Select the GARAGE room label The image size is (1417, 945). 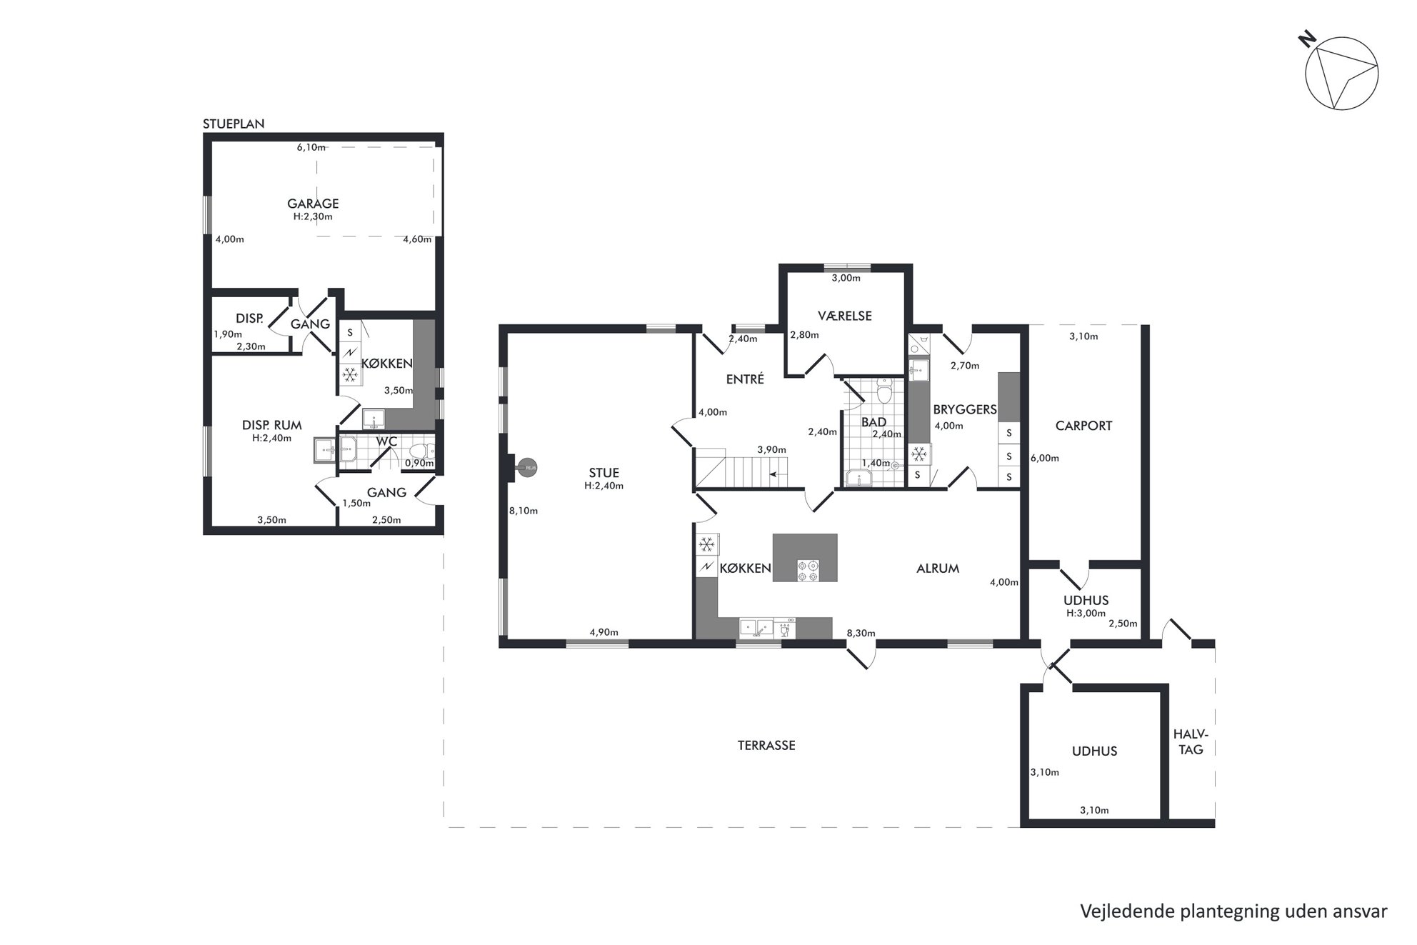[x=313, y=204]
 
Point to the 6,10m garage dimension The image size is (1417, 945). [x=311, y=148]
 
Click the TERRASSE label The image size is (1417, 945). [x=766, y=745]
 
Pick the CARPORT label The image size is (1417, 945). [x=1083, y=426]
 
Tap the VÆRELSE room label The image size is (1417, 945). [x=845, y=316]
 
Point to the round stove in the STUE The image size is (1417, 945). [x=527, y=469]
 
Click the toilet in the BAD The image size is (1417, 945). [x=885, y=391]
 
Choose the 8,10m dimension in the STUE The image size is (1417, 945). [x=524, y=511]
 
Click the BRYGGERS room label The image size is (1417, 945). [x=964, y=410]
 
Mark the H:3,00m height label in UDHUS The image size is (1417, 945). [x=1086, y=613]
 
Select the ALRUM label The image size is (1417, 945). [x=938, y=569]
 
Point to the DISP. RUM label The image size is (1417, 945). [x=271, y=425]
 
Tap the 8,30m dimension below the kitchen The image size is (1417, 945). [x=861, y=633]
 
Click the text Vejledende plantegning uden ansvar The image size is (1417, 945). [x=1233, y=911]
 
